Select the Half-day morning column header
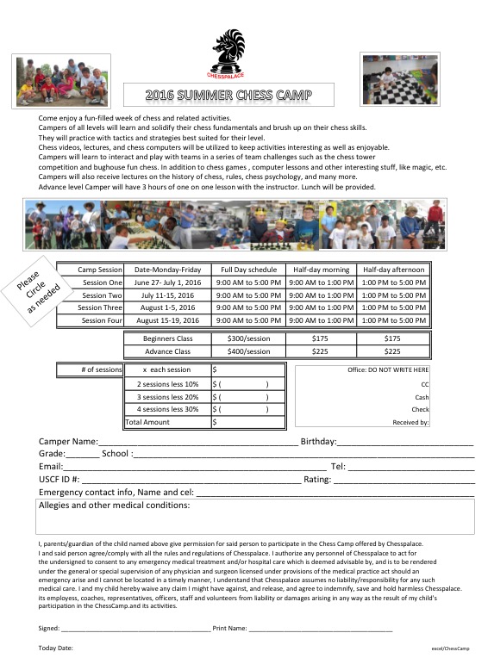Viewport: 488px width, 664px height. (x=321, y=270)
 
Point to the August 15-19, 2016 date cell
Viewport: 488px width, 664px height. (x=167, y=320)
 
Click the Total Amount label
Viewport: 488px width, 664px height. (x=147, y=422)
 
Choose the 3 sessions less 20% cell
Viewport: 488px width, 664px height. (x=167, y=397)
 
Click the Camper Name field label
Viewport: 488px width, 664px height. (x=68, y=442)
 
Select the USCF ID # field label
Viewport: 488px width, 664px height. (x=59, y=479)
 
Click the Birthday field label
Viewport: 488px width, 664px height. (x=318, y=442)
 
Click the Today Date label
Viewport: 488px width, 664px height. (x=56, y=647)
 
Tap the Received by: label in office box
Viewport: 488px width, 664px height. (x=410, y=422)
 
